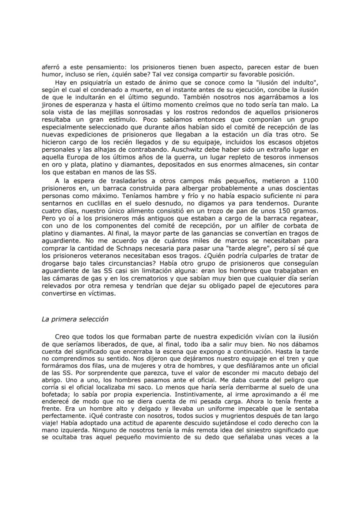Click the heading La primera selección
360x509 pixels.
tap(75, 319)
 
